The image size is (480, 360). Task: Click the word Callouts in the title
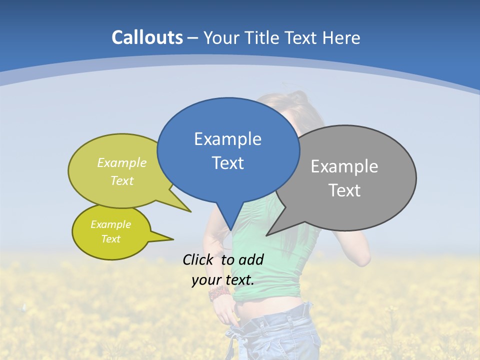point(147,37)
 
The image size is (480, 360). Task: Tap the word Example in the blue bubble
point(227,139)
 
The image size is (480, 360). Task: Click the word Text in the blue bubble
point(227,163)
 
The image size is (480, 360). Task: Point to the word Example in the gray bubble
point(344,166)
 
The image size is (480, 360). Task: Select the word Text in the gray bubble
point(345,190)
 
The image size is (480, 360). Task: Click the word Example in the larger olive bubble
point(121,162)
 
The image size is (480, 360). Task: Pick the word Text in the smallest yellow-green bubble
point(110,239)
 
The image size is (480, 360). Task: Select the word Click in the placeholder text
point(198,259)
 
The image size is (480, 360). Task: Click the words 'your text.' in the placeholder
point(223,280)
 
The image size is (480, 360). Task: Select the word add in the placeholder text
point(251,259)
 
